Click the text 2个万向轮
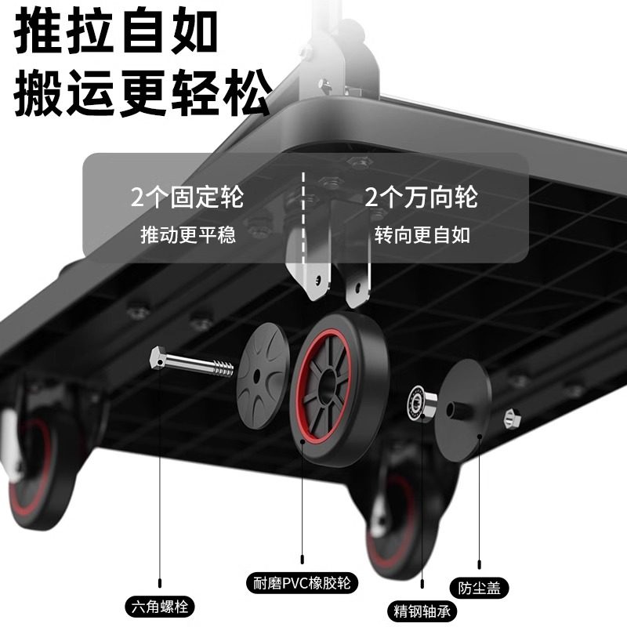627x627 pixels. [x=421, y=196]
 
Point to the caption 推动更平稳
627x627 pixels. [x=187, y=235]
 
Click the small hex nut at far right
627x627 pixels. [x=513, y=419]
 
